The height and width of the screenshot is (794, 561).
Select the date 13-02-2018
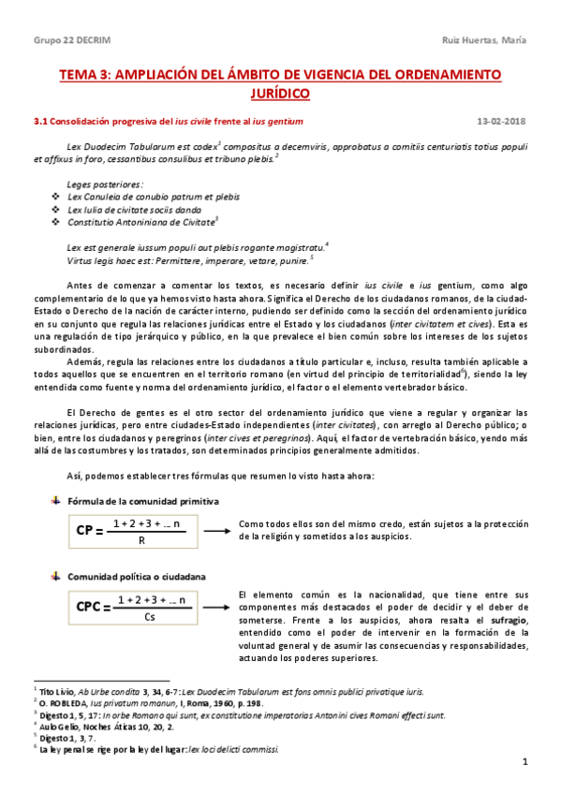502,122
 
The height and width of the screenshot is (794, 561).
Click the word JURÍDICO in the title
280,94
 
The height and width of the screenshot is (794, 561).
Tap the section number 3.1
40,122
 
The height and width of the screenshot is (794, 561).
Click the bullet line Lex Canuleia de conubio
140,197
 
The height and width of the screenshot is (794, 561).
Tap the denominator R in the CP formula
140,540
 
